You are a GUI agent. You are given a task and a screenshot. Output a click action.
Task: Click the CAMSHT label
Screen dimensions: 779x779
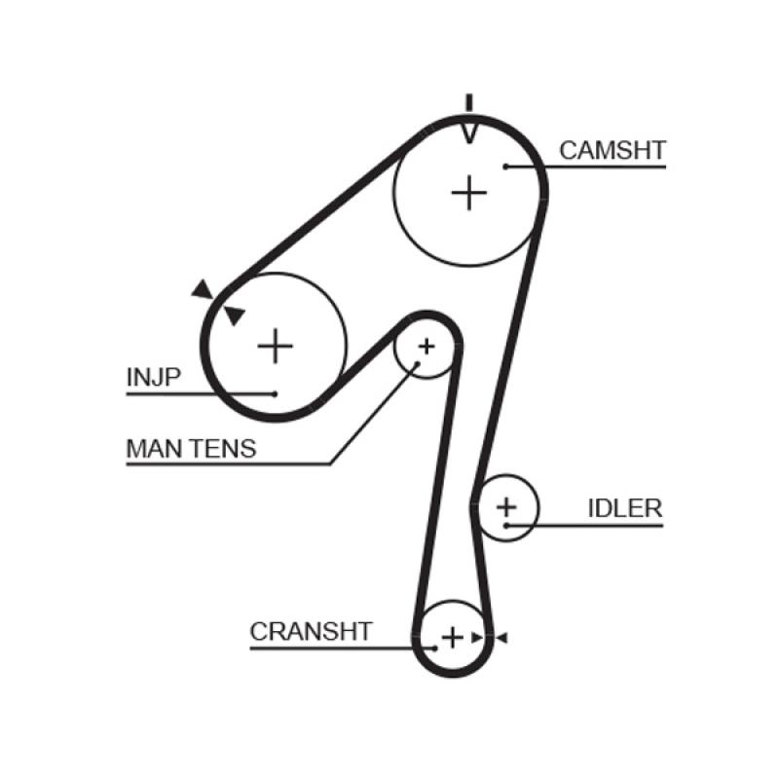pos(612,150)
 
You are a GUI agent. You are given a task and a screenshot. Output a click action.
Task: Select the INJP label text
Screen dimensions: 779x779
pos(154,377)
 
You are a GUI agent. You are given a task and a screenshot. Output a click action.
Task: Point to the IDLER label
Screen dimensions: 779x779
pos(624,508)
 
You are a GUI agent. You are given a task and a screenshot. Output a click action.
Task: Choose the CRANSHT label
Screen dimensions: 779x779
pos(311,631)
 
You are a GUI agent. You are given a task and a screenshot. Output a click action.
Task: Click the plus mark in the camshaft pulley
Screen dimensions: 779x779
pos(469,193)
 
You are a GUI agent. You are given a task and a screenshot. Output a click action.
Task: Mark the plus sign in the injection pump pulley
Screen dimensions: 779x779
pos(275,345)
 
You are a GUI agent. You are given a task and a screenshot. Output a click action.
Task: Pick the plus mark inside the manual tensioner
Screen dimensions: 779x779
pos(426,346)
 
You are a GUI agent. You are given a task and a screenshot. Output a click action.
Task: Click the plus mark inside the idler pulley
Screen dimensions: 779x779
pos(506,506)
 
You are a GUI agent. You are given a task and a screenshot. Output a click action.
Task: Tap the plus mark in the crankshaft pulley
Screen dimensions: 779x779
pos(453,637)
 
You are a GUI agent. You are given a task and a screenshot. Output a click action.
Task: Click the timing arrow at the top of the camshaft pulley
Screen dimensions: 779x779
pos(469,126)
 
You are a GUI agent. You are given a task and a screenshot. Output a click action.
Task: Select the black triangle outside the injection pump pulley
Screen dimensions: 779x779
pos(202,288)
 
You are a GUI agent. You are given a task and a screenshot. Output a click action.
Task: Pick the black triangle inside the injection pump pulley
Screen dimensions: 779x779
pos(235,315)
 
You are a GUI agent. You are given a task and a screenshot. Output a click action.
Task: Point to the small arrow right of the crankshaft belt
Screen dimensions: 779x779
pos(501,638)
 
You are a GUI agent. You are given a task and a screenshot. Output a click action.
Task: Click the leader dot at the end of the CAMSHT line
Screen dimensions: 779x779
pos(506,167)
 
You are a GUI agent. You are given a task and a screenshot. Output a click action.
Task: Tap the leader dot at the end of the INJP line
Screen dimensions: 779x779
pos(276,393)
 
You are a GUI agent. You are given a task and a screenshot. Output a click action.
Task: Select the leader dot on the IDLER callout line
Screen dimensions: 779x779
pos(506,526)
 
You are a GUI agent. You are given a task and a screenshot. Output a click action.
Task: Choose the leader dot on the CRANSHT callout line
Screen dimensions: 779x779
pos(432,647)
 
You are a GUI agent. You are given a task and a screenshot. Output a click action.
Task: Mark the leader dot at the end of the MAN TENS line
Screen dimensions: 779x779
pos(416,364)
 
